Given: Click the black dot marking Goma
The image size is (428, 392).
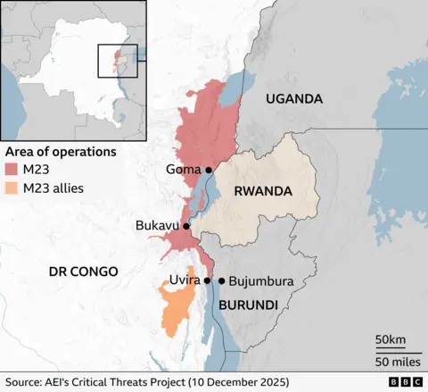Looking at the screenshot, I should (209, 170).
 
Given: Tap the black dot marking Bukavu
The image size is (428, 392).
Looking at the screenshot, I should (186, 227).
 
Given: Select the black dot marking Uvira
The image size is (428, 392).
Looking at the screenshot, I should (207, 280).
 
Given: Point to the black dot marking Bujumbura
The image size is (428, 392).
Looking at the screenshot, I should (221, 280).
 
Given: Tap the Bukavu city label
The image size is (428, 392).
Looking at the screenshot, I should (157, 227).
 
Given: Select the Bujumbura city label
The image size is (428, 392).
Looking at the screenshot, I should (261, 281).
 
